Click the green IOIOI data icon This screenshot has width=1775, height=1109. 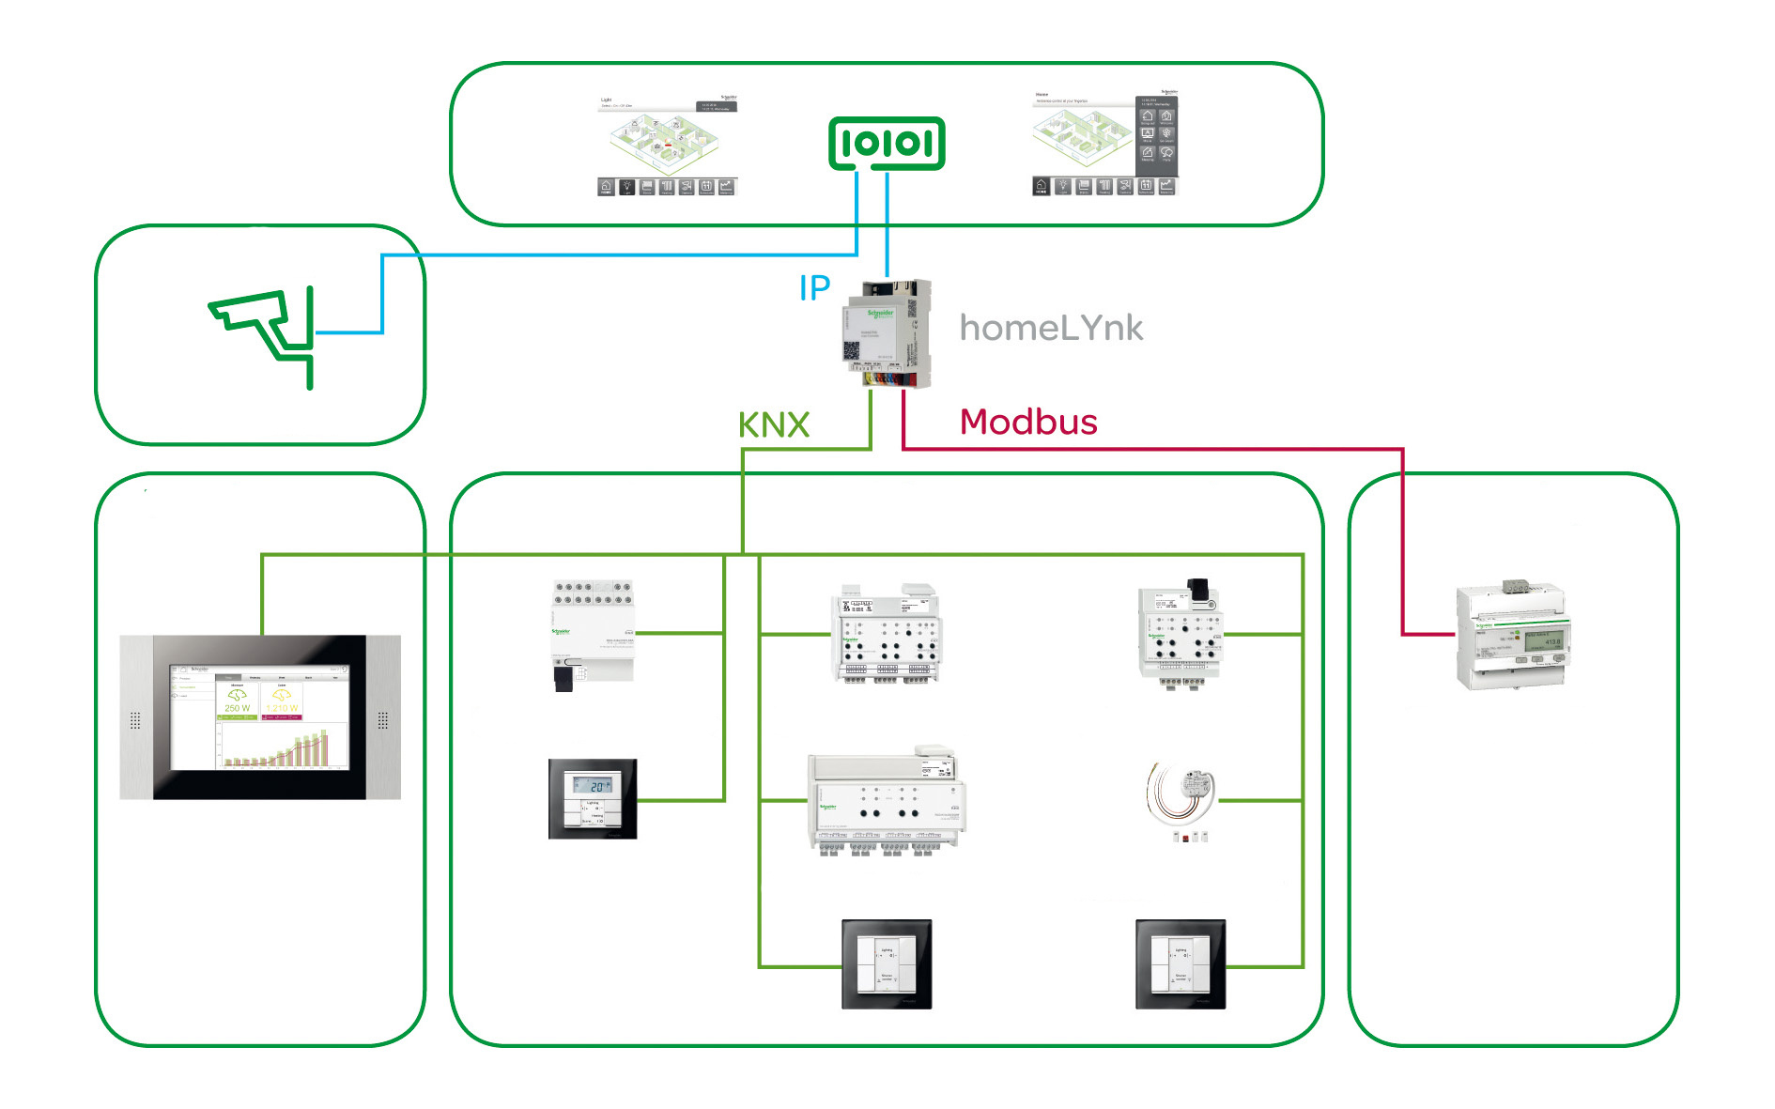[887, 144]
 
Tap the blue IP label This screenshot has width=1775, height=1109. [814, 287]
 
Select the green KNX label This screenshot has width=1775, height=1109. [773, 425]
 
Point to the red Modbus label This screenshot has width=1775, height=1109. [1028, 423]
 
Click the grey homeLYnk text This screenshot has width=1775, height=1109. [1051, 328]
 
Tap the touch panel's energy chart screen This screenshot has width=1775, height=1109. [259, 718]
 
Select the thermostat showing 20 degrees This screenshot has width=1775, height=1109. [593, 799]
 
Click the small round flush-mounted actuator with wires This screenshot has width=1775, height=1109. [1183, 794]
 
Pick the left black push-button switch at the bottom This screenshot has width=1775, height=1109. [887, 964]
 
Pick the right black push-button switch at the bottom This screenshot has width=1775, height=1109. [1181, 964]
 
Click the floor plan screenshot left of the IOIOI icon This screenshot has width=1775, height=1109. [667, 145]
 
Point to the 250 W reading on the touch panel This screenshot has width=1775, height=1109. [237, 707]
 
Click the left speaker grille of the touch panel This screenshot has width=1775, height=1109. [135, 720]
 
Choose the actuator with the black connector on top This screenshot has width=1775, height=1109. [1181, 634]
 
